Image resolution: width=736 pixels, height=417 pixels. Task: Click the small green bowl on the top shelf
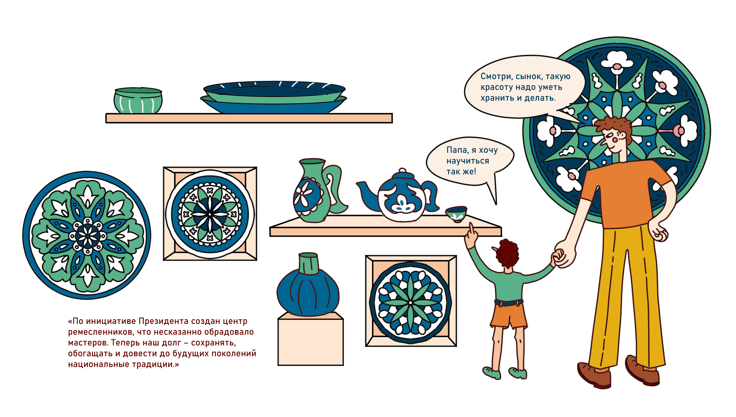tap(138, 101)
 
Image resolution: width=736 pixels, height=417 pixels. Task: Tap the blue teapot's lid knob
tap(402, 171)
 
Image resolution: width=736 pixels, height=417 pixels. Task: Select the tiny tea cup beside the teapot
tap(456, 214)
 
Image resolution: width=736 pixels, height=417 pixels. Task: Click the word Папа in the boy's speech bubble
tap(457, 150)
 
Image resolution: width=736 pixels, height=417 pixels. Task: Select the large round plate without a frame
tap(87, 235)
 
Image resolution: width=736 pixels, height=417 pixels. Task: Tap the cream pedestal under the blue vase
tap(310, 340)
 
